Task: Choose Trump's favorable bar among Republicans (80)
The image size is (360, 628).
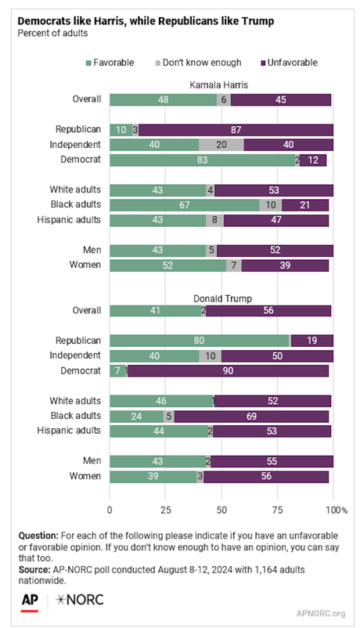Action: click(200, 341)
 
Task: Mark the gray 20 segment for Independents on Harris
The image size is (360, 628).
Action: click(221, 145)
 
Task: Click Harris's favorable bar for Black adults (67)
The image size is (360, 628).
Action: click(184, 205)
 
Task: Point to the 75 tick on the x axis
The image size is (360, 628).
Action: click(277, 511)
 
